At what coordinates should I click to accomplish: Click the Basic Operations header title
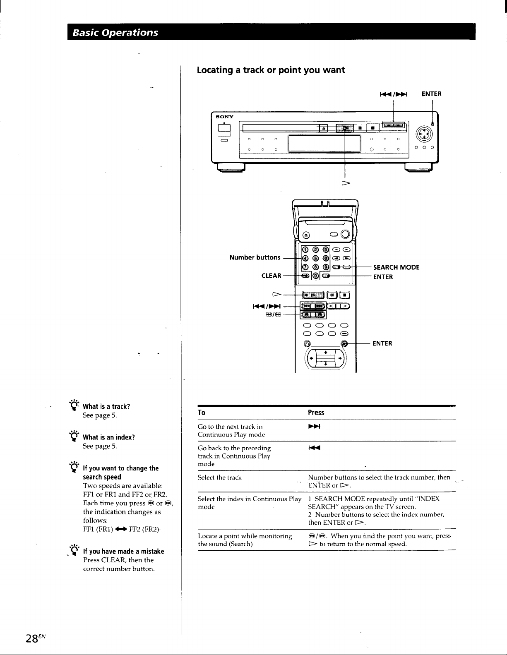(115, 32)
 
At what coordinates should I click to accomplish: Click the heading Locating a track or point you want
(271, 70)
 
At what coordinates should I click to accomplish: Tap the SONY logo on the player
(225, 117)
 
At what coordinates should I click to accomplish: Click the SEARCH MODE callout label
(396, 267)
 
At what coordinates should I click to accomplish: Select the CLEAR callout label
(271, 276)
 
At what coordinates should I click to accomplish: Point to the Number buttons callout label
(255, 257)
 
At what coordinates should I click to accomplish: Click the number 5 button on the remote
(315, 258)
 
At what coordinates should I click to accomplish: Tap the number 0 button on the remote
(315, 276)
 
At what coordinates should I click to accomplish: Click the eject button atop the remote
(306, 235)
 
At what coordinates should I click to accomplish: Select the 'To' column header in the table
(202, 413)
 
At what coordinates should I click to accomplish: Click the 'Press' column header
(316, 413)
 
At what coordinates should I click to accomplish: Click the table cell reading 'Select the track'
(219, 477)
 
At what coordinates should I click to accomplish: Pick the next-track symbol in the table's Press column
(314, 427)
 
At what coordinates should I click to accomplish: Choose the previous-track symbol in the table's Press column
(314, 448)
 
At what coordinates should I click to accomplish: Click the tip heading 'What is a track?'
(106, 406)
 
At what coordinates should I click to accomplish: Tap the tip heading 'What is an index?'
(109, 437)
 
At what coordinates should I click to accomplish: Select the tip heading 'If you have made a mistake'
(124, 551)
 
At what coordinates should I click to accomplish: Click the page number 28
(31, 638)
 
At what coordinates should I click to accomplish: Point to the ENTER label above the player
(431, 94)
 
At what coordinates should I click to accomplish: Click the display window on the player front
(324, 144)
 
